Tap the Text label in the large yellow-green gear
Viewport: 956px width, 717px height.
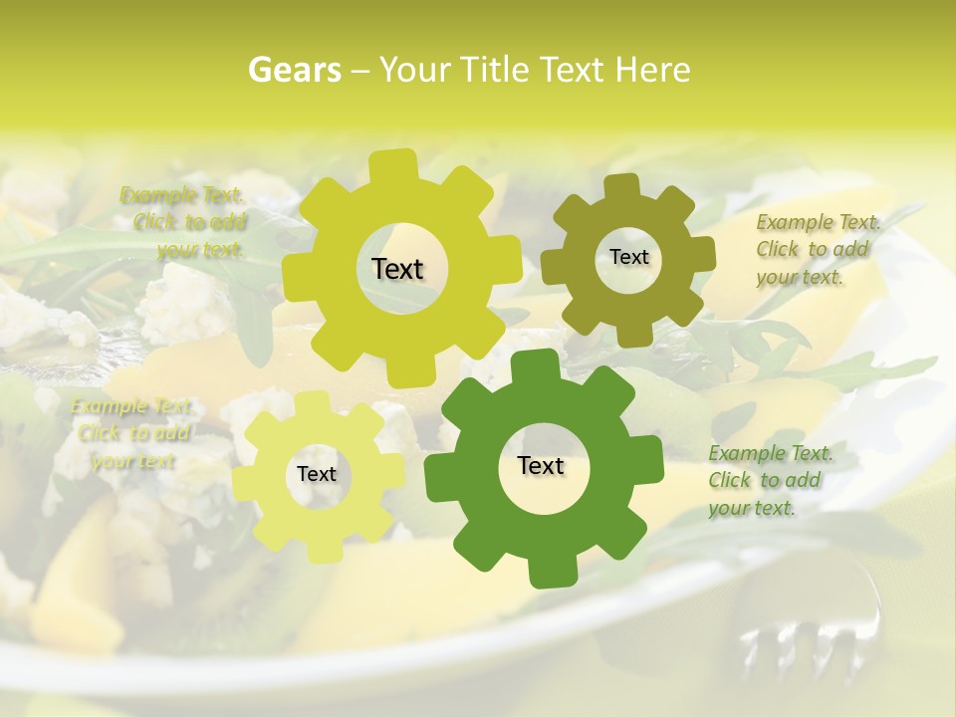397,269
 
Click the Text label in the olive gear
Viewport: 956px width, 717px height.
628,257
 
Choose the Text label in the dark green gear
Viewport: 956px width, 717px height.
541,465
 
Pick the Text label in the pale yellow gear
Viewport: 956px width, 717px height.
317,474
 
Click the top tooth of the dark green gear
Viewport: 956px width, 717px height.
544,363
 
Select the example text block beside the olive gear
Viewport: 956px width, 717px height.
817,249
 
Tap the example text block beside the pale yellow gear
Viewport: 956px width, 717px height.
132,433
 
